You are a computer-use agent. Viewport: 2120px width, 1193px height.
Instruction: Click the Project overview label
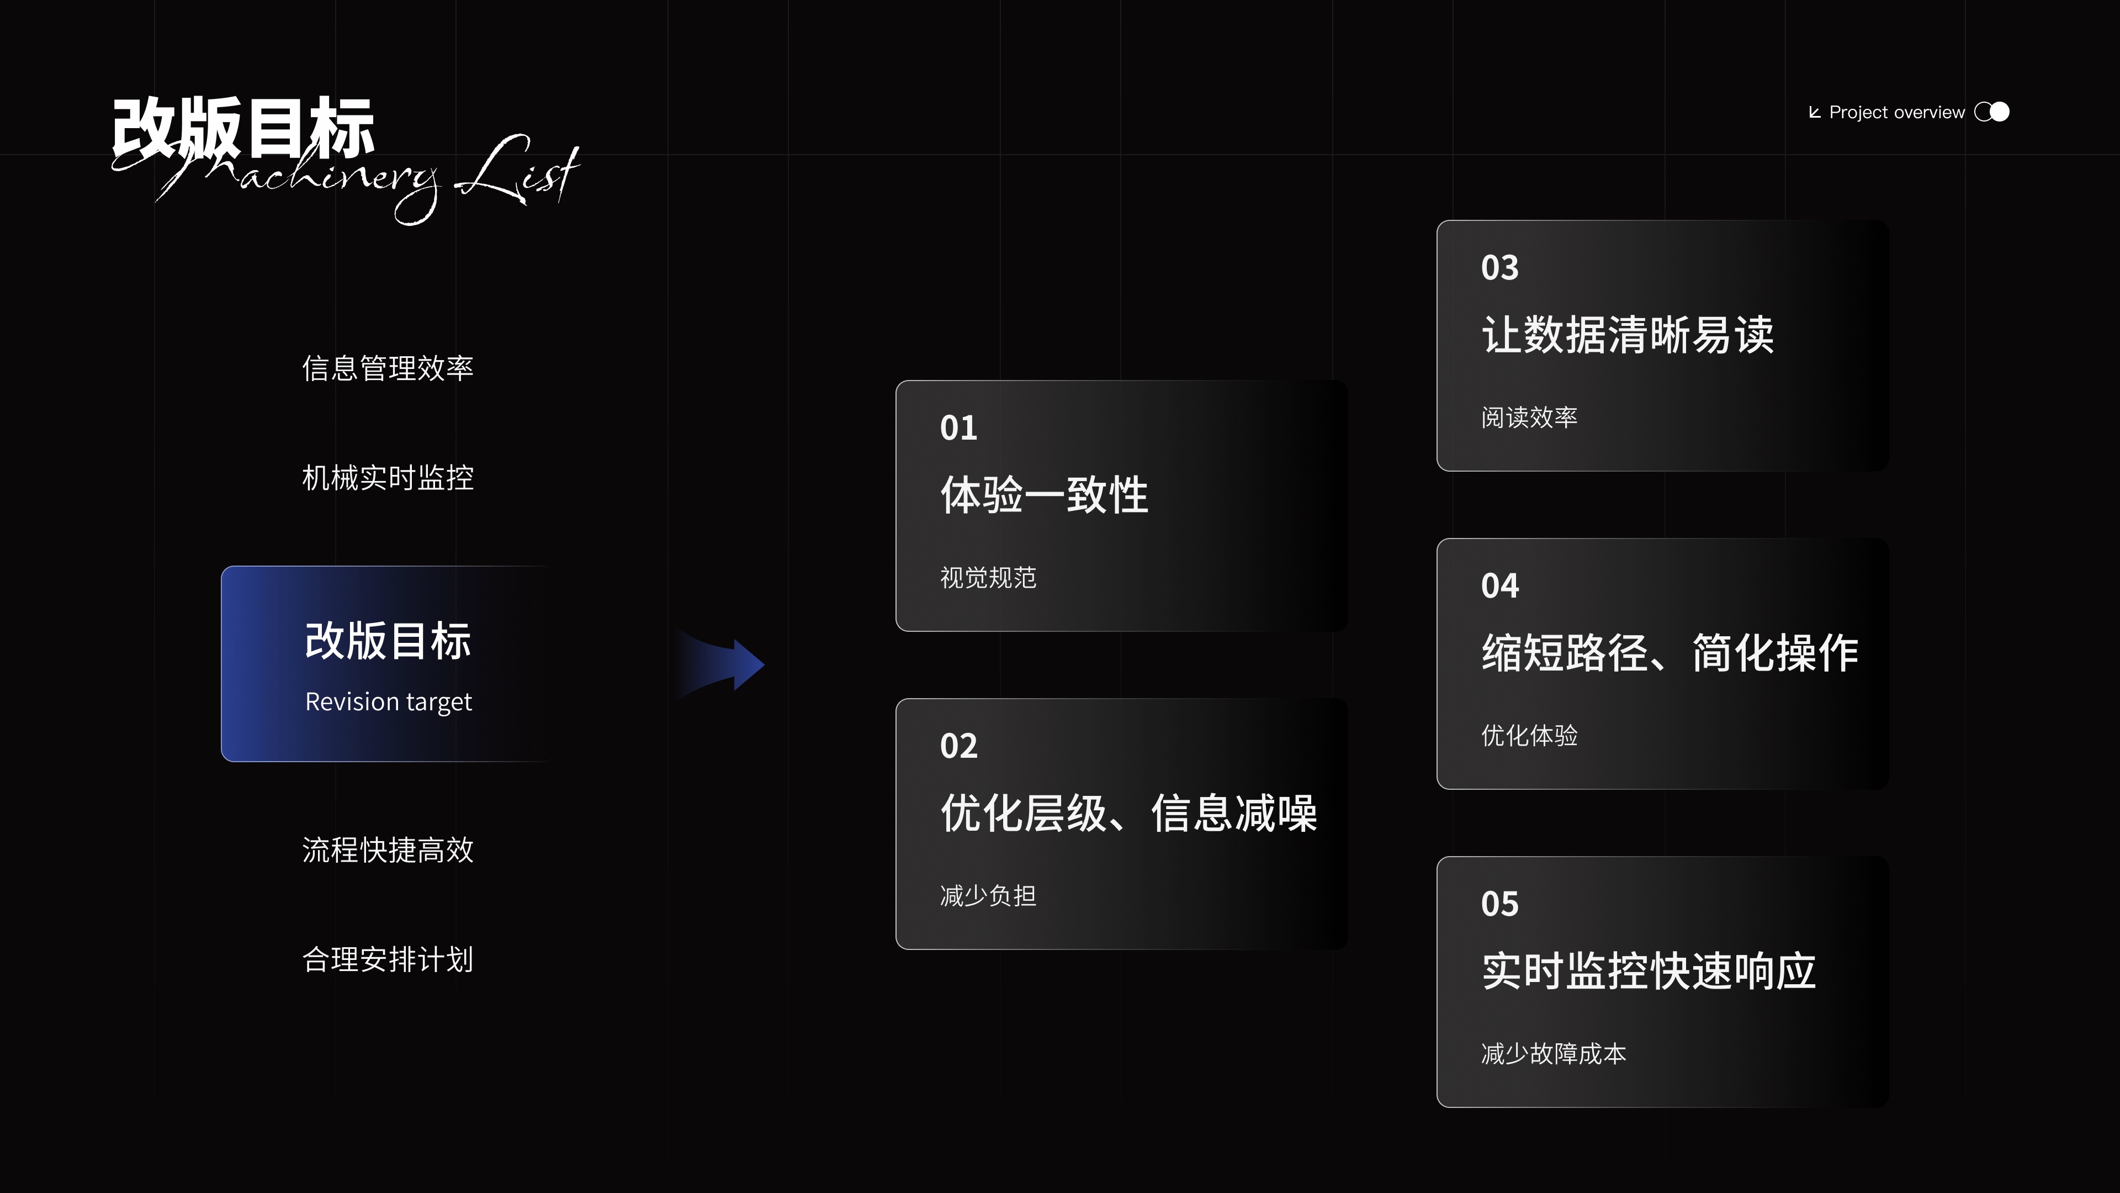(1896, 113)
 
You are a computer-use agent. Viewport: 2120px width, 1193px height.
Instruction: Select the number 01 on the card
(958, 428)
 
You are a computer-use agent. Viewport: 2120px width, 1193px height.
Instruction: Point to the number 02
(958, 746)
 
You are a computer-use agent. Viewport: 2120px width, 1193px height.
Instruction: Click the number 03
(1499, 267)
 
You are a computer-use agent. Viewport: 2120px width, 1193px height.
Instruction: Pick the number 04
(1499, 586)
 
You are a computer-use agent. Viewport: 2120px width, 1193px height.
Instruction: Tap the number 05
(1499, 904)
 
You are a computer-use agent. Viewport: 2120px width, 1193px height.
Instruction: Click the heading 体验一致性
(1043, 495)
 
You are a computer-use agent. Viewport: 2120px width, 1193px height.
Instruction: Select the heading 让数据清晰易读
(1627, 335)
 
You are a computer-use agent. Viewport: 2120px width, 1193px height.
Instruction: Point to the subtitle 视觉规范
(988, 578)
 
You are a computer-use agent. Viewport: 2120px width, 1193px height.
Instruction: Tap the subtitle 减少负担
(988, 896)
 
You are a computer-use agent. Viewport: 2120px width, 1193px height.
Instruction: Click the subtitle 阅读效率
(1528, 418)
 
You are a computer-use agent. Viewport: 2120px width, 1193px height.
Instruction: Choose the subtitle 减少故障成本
(1553, 1054)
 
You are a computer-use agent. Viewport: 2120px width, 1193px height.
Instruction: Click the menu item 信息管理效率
(388, 368)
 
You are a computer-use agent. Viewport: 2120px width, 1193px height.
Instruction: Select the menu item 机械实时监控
(388, 478)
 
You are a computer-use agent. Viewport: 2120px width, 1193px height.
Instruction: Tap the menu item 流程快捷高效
(388, 849)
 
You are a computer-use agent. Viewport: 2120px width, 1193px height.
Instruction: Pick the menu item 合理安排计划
(388, 959)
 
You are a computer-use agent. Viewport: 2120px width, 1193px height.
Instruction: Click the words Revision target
(389, 701)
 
